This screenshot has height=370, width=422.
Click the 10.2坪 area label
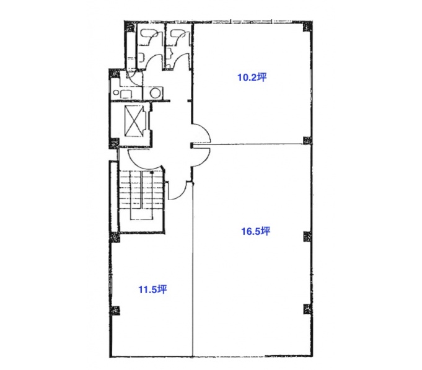tap(252, 77)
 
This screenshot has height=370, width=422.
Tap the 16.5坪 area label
tap(255, 231)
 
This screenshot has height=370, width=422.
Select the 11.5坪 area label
tap(152, 289)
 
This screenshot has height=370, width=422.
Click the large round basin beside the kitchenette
tap(156, 93)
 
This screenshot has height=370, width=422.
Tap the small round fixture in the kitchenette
tap(116, 92)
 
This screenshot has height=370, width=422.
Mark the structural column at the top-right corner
tap(307, 26)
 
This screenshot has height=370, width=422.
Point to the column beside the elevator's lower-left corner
tap(114, 143)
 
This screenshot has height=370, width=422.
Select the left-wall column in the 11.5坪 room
tap(115, 311)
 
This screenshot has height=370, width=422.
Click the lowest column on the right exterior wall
tap(307, 309)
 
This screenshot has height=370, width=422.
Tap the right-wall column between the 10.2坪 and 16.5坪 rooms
tap(307, 141)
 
